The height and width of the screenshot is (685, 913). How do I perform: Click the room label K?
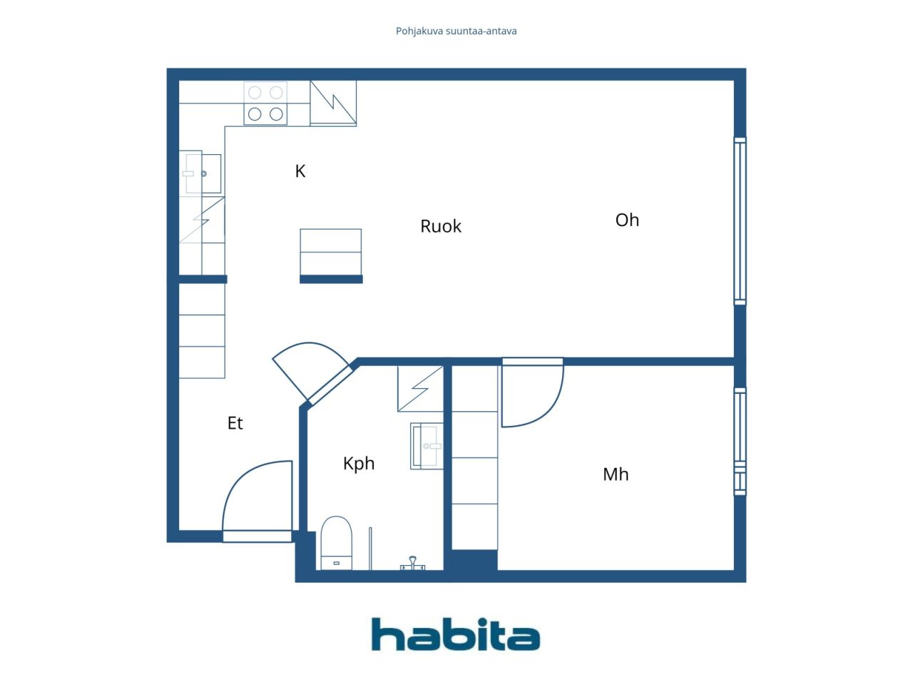coord(300,171)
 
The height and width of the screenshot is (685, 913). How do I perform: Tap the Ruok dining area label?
coord(441,226)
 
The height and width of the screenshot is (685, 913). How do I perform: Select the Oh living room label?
coord(627,220)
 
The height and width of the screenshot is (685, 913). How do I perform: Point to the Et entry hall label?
coord(235,423)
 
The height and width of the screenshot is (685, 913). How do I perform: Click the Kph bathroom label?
coord(359,464)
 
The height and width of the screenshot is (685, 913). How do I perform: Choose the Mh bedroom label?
coord(616,474)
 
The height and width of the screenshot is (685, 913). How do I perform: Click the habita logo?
coord(456,634)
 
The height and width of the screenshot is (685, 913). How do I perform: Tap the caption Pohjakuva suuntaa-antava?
coord(456,31)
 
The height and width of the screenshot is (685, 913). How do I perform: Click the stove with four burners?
coord(265,103)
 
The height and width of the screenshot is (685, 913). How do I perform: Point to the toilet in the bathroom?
coord(337,543)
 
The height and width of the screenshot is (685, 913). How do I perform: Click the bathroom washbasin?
coord(427,446)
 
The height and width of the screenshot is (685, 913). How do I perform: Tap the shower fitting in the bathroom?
coord(412,564)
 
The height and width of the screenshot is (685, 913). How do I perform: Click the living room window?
coord(740,221)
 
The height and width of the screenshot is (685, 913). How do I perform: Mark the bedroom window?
coord(740,442)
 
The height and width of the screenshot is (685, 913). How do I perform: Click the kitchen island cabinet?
coord(331,252)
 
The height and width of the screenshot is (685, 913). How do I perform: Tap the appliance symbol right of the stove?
coord(333,103)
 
